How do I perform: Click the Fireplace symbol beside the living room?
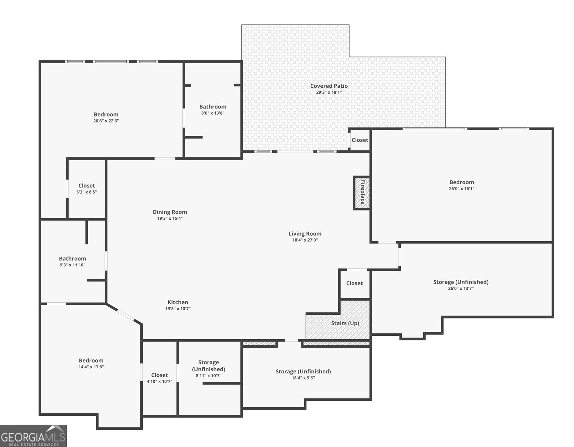[361, 193]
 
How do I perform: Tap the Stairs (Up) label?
[345, 323]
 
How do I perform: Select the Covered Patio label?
[329, 86]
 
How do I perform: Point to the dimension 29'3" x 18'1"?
[329, 92]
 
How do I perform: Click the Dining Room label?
[170, 212]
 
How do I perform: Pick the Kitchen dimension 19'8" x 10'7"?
[178, 308]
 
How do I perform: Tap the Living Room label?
[305, 234]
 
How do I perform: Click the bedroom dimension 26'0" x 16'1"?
[462, 189]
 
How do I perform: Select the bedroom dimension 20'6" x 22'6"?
[106, 121]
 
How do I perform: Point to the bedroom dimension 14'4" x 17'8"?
[91, 367]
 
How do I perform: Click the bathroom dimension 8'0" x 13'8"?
[213, 113]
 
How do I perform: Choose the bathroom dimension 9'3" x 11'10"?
[72, 265]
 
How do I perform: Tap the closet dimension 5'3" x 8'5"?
[87, 192]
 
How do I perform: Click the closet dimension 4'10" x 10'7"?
[160, 381]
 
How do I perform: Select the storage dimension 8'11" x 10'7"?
[208, 376]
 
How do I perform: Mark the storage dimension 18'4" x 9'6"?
[303, 378]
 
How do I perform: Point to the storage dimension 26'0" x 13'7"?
[461, 288]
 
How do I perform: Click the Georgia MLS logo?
[33, 436]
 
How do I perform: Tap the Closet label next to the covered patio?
[360, 140]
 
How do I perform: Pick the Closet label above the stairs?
[354, 283]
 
